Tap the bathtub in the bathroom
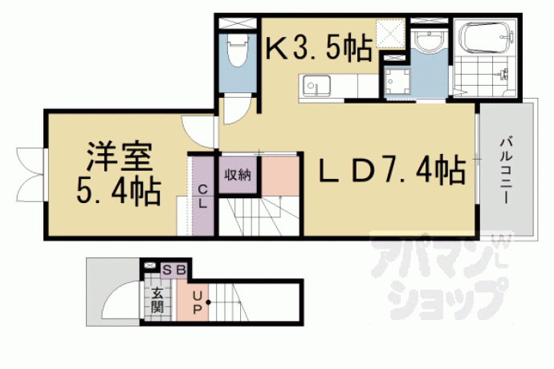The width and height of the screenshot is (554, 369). pos(487,36)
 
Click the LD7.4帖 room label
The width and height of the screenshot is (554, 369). pos(392,168)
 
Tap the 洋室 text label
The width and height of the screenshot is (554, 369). pos(119,156)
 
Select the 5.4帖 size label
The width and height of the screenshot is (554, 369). pos(119,192)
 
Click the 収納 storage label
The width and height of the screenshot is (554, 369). pos(238,175)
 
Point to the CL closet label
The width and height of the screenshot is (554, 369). pos(202,197)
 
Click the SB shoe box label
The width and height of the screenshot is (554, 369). pos(174,270)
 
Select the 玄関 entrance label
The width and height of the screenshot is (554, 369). pos(157,300)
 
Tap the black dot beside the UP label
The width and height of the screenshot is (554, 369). pos(208,302)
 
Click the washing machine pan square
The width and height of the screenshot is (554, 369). pos(397,82)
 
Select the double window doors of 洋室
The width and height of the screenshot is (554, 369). pos(31,175)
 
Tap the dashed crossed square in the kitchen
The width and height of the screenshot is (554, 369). pos(390,34)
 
